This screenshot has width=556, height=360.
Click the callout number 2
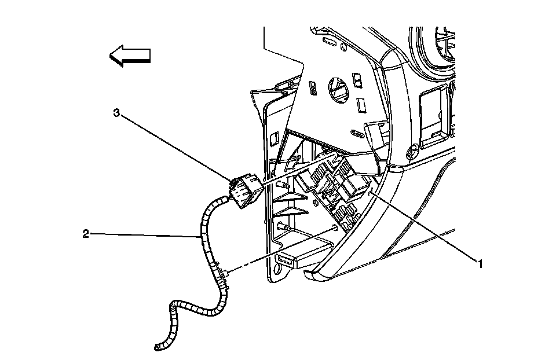[x=86, y=234]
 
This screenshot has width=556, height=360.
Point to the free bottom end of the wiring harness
[x=158, y=347]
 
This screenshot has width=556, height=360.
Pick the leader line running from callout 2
[x=145, y=235]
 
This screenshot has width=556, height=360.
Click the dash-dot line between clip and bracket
[x=278, y=249]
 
